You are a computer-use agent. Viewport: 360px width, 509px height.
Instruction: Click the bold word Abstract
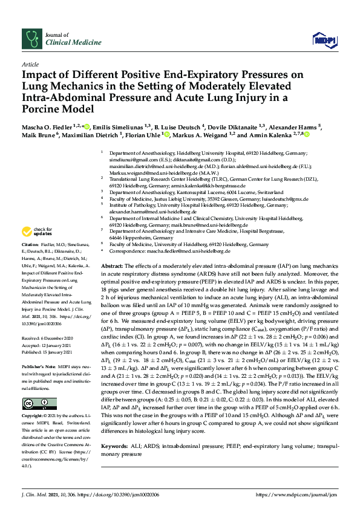coord(113,266)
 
